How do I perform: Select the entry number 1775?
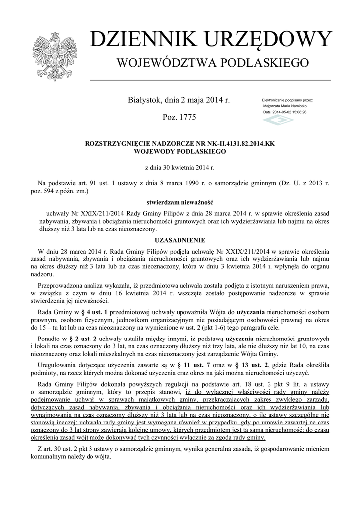click(186, 117)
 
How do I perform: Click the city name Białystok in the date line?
click(144, 100)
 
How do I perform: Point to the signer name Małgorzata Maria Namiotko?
click(284, 106)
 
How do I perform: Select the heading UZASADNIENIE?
click(180, 239)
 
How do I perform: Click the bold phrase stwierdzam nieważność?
click(180, 202)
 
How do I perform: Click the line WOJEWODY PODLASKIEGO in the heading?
click(180, 151)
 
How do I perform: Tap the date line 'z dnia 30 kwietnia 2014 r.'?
click(180, 168)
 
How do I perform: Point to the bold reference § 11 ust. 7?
click(193, 365)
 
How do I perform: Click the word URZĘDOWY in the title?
click(266, 40)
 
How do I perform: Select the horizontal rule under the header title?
click(210, 80)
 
